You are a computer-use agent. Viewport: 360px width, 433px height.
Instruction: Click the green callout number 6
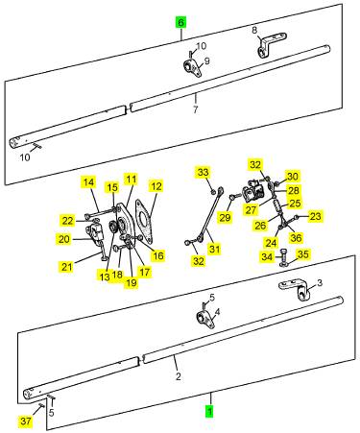(x=180, y=23)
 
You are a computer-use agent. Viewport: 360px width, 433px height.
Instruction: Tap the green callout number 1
(x=209, y=411)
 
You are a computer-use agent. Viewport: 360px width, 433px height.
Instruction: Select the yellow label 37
(x=26, y=421)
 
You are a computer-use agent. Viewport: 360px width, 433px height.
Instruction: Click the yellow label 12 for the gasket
(x=156, y=186)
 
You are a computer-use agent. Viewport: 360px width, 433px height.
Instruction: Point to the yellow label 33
(x=204, y=172)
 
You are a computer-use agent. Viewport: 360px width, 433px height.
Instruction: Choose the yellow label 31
(x=215, y=249)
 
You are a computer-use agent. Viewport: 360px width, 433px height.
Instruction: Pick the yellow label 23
(x=315, y=216)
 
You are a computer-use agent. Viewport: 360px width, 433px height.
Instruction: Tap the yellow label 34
(x=267, y=256)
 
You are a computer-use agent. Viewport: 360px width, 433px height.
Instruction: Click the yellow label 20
(x=64, y=239)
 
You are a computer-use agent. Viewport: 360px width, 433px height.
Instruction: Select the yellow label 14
(x=88, y=182)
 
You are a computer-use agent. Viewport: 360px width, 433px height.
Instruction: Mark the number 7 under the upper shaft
(x=195, y=109)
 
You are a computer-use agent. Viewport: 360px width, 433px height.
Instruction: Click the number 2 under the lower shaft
(x=179, y=376)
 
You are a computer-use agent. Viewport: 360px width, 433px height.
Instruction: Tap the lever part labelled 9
(x=192, y=68)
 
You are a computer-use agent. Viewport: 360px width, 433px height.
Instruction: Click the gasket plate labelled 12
(x=144, y=221)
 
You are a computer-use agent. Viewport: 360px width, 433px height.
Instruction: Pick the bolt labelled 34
(x=284, y=257)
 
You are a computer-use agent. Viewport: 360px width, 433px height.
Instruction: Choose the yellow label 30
(x=292, y=177)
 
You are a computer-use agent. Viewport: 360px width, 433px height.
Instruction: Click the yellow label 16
(x=158, y=255)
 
